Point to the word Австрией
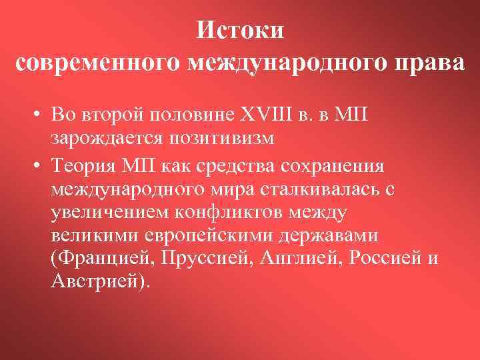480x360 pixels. [101, 281]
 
